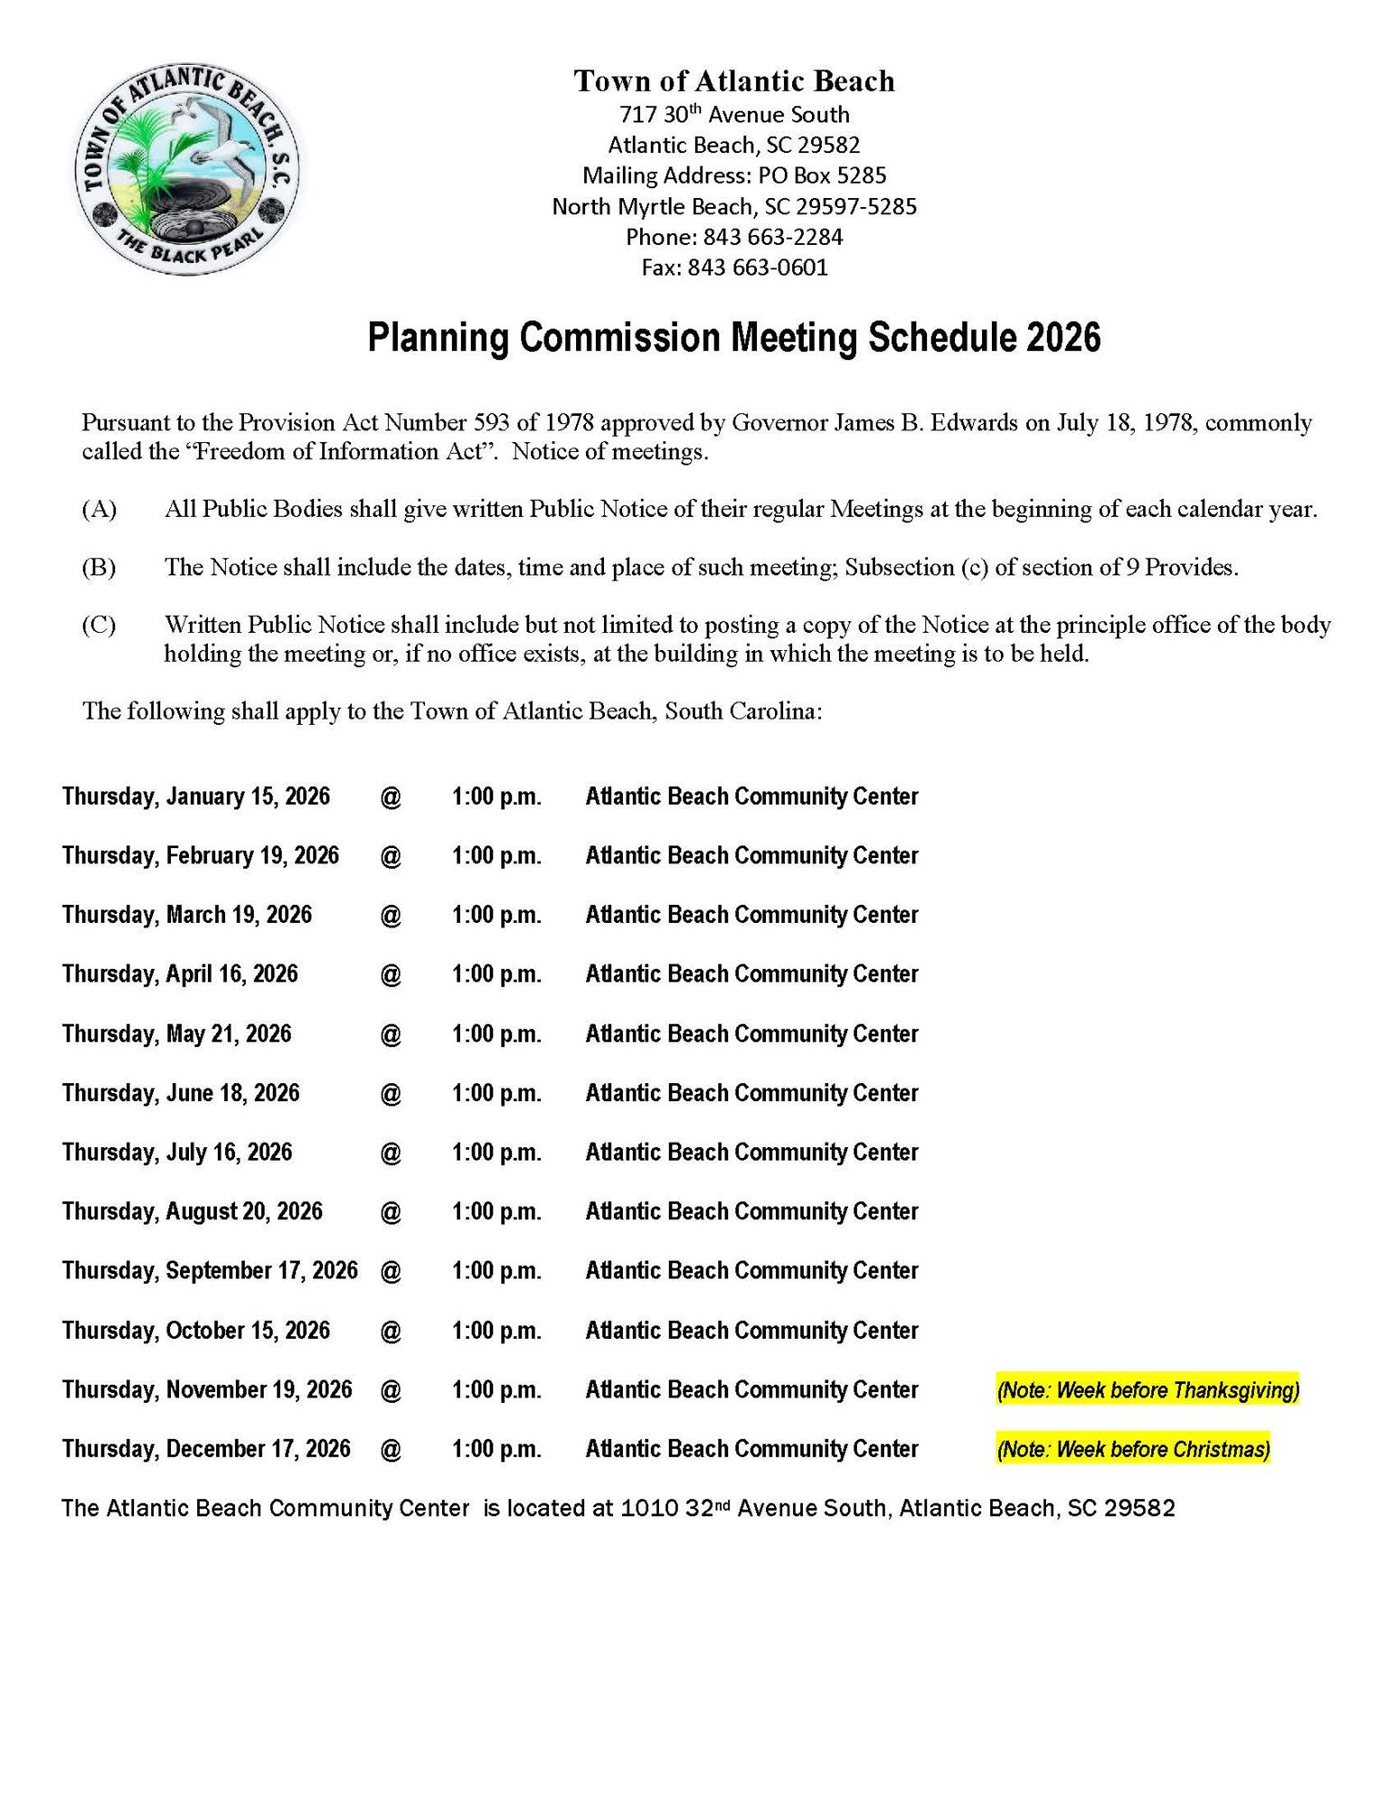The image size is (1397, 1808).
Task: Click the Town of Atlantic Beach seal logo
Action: tap(187, 171)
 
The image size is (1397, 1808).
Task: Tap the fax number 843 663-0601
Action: tap(758, 268)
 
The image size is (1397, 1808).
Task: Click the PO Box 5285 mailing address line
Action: tap(734, 175)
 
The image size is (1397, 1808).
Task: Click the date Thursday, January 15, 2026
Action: tap(196, 796)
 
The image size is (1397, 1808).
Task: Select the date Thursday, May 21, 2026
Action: tap(177, 1033)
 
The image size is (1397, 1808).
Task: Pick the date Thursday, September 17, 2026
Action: tap(210, 1270)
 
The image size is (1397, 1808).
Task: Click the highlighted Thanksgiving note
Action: tap(1147, 1389)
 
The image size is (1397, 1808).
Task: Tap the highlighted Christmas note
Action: tap(1133, 1449)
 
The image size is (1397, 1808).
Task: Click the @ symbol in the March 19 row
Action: tap(391, 915)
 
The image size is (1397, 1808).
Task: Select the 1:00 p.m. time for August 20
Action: tap(496, 1211)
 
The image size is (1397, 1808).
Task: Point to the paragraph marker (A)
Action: tap(99, 509)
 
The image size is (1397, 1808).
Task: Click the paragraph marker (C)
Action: tap(99, 625)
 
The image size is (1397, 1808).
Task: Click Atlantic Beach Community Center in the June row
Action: tap(751, 1093)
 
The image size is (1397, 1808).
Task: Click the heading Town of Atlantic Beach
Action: tap(734, 81)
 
